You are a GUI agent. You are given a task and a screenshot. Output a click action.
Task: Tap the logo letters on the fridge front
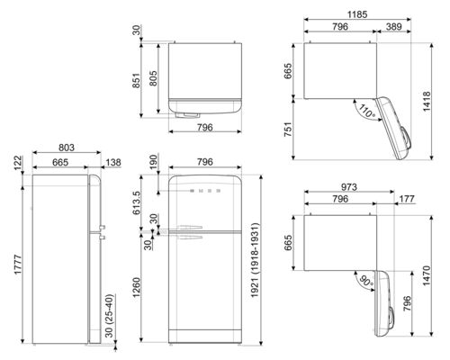pos(203,191)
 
